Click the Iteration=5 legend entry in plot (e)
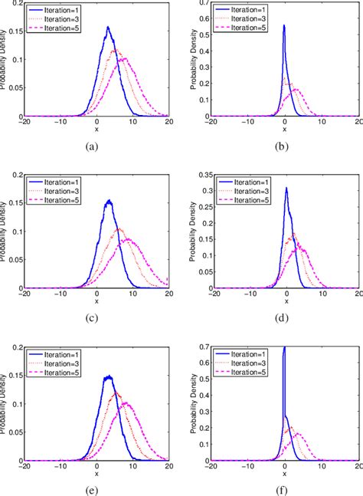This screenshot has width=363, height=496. [60, 372]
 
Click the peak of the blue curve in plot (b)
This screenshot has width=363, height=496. [284, 25]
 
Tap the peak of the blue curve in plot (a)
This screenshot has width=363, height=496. [108, 28]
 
